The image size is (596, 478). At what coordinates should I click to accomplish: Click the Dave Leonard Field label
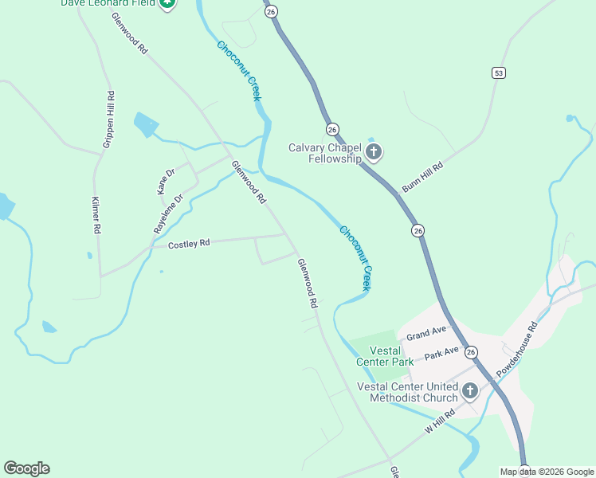108,3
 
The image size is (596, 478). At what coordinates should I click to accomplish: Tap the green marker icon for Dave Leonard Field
167,3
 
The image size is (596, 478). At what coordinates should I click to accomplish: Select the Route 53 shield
499,73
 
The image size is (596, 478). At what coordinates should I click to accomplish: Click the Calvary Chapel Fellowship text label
325,152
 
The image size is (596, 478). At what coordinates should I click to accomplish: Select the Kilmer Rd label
96,215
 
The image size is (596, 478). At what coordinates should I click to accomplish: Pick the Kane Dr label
166,182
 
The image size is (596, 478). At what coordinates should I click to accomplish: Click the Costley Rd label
189,244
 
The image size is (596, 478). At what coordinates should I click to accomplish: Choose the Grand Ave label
426,332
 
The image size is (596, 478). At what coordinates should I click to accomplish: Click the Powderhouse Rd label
518,349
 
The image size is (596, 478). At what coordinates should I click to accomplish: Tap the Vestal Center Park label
391,355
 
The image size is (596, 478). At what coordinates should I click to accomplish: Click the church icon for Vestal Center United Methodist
470,391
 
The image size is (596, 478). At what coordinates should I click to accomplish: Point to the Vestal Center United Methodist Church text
407,392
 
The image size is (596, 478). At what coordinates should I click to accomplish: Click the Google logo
26,468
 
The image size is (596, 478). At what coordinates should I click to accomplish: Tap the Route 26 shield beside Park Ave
471,352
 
